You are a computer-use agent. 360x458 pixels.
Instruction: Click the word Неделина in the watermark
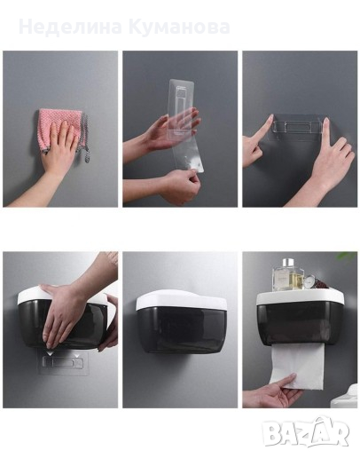pyautogui.click(x=70, y=27)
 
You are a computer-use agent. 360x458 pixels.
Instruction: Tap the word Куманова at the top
pyautogui.click(x=179, y=27)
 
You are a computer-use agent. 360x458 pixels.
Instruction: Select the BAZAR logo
pyautogui.click(x=306, y=432)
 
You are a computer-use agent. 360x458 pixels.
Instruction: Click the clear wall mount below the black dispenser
pyautogui.click(x=63, y=362)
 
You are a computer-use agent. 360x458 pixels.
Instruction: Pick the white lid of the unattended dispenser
pyautogui.click(x=181, y=300)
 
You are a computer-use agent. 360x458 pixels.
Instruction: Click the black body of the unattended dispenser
pyautogui.click(x=182, y=329)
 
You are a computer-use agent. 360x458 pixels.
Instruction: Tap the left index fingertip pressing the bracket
pyautogui.click(x=270, y=119)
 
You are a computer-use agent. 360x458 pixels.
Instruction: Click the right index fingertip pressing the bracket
pyautogui.click(x=325, y=121)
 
